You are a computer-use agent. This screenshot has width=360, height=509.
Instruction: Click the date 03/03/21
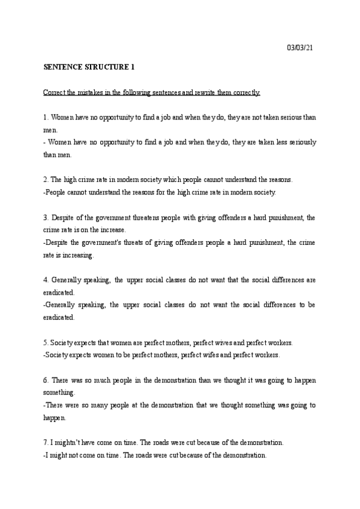(300, 47)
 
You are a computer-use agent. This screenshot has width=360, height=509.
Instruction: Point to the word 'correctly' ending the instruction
(245, 93)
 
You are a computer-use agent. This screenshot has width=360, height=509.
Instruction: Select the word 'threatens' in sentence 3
(140, 217)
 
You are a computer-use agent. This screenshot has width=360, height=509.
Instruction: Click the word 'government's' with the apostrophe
(99, 242)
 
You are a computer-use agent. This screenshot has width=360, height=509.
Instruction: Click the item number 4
(46, 280)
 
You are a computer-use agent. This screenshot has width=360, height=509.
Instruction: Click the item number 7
(46, 442)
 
